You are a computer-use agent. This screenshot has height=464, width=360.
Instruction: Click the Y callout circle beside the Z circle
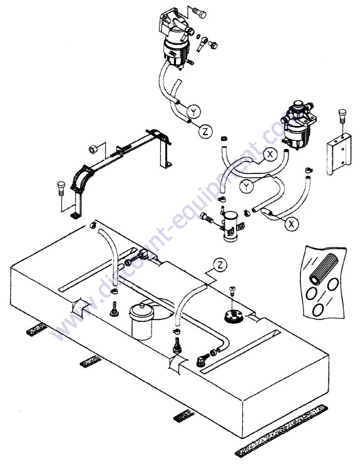(x=193, y=111)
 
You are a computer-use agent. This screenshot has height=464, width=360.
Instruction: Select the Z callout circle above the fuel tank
(x=220, y=265)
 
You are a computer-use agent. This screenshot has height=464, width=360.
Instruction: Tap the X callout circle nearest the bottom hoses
(x=292, y=224)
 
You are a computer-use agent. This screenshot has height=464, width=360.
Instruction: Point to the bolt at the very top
(x=199, y=13)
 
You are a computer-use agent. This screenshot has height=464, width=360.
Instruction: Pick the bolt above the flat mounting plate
(x=342, y=117)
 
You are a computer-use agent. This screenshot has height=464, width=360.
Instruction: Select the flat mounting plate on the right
(x=339, y=153)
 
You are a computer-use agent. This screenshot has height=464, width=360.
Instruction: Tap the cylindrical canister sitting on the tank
(x=141, y=321)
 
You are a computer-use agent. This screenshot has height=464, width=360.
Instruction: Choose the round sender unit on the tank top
(x=234, y=316)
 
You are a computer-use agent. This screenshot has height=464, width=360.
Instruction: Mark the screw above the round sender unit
(x=233, y=291)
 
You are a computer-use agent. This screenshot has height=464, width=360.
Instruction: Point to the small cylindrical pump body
(x=231, y=226)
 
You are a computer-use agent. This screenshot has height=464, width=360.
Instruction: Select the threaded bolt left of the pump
(x=207, y=219)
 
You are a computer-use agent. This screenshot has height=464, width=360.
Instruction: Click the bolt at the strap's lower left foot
(x=61, y=188)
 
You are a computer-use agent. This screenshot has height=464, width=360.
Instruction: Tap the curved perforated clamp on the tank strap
(x=81, y=178)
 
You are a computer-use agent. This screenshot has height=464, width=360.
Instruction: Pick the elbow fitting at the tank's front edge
(x=202, y=361)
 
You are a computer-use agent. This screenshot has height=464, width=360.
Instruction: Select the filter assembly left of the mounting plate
(x=299, y=124)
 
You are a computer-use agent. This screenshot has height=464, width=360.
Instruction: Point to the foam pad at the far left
(x=37, y=329)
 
